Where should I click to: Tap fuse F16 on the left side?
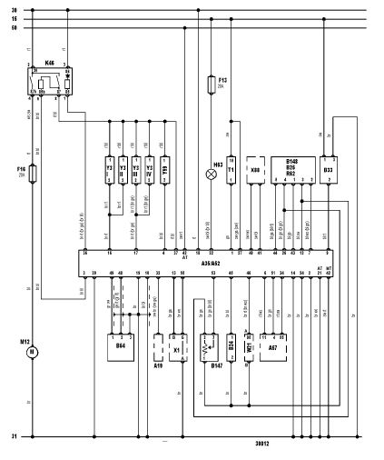(35, 172)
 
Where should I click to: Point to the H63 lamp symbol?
(211, 167)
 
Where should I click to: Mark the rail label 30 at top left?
(14, 11)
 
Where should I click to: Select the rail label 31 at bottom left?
(14, 438)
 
